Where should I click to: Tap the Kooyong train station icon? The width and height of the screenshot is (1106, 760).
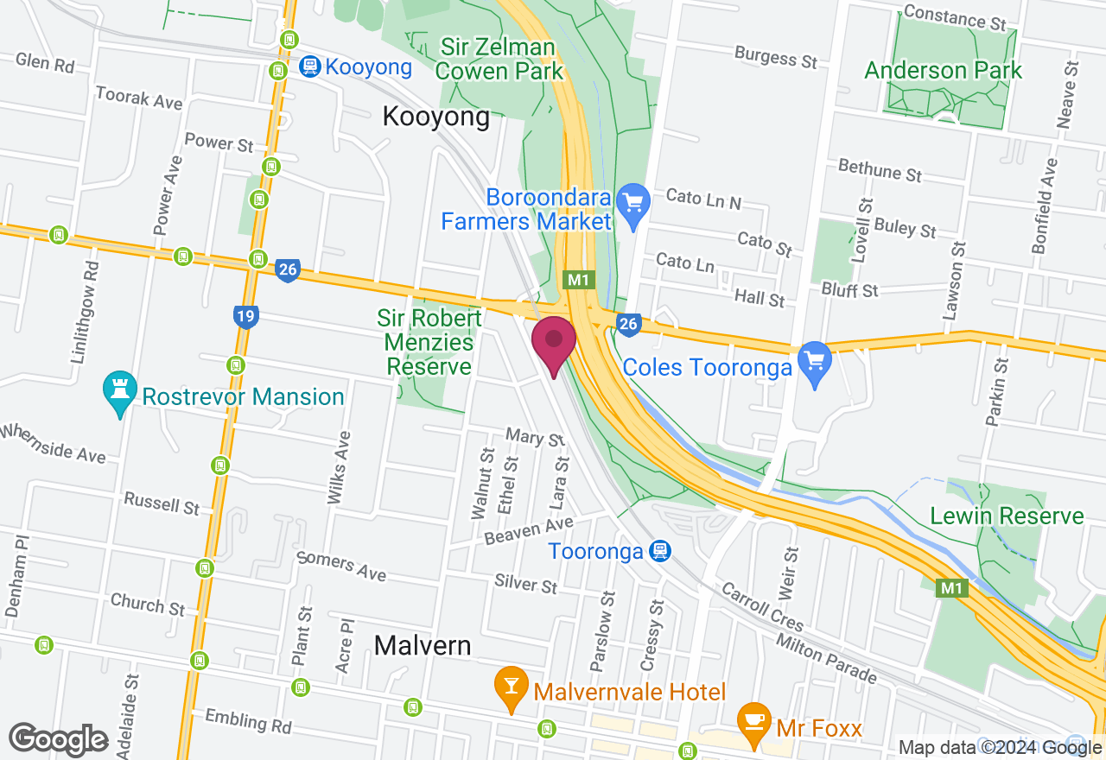click(x=308, y=66)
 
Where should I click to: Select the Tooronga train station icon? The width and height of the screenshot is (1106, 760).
click(x=660, y=550)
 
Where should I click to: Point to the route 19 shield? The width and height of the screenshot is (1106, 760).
click(x=245, y=316)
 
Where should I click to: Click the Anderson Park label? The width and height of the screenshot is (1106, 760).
click(x=944, y=71)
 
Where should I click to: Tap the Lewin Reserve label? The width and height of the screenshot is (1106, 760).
click(x=1007, y=516)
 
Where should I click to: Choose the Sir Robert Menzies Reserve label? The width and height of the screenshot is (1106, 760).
click(x=429, y=343)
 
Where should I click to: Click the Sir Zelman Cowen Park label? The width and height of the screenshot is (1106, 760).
click(x=501, y=58)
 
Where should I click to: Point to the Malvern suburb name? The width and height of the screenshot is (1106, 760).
click(x=423, y=645)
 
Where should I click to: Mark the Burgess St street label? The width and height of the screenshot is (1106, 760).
click(x=775, y=58)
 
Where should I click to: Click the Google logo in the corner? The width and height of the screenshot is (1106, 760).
click(x=58, y=739)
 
